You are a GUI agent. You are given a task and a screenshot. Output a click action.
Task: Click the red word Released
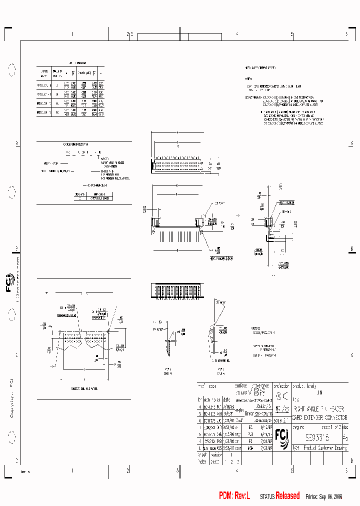pos(288,495)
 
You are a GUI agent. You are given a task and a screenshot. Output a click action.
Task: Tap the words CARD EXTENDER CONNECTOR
pos(319,417)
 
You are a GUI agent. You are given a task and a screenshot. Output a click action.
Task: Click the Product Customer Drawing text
pos(320,448)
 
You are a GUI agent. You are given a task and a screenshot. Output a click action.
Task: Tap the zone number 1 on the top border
pos(72,34)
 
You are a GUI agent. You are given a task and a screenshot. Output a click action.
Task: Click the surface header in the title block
pos(241,386)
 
